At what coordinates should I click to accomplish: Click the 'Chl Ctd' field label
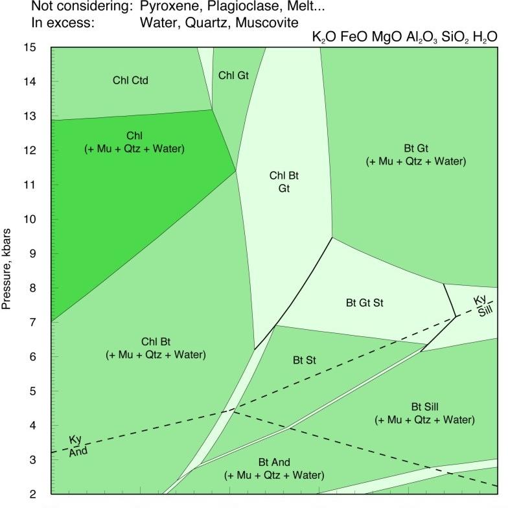tap(135, 80)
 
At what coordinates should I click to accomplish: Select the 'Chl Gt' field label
tap(233, 75)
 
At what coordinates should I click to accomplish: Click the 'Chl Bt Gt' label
tap(284, 181)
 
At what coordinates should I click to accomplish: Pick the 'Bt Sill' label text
tap(424, 407)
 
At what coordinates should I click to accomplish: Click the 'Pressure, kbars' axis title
tap(8, 271)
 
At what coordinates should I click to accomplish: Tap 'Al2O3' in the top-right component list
tap(422, 37)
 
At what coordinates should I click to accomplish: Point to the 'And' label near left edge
tap(78, 451)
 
